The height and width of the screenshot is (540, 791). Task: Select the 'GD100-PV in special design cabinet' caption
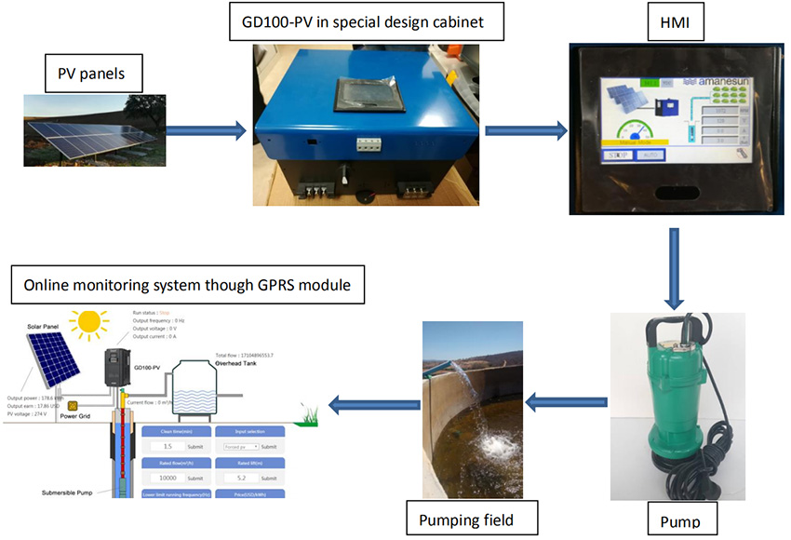[x=367, y=21]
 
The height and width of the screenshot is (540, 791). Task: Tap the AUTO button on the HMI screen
[x=650, y=155]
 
